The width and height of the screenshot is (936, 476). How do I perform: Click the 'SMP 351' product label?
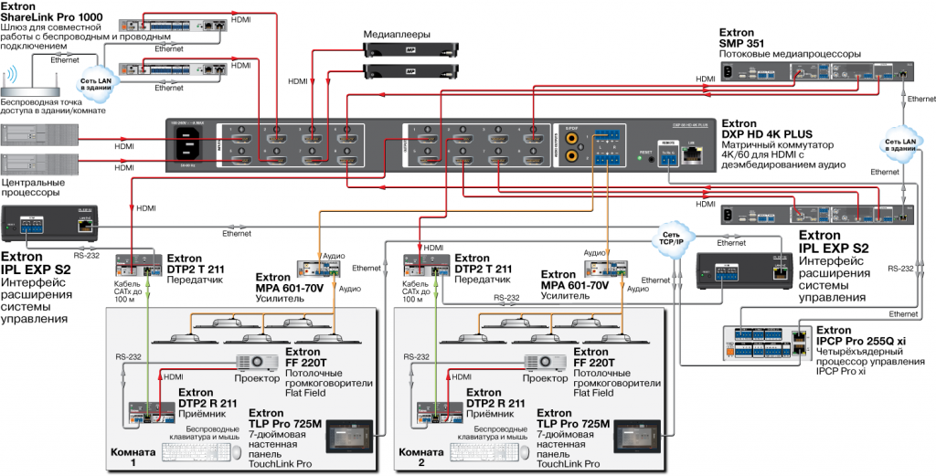(x=741, y=44)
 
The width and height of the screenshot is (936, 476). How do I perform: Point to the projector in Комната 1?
(x=257, y=363)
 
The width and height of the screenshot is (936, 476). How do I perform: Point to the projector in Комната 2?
(x=544, y=363)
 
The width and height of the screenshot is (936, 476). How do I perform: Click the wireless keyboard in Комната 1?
(x=195, y=452)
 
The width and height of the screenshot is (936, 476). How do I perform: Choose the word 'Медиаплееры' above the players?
(x=397, y=34)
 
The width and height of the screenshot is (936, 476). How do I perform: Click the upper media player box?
(x=397, y=51)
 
